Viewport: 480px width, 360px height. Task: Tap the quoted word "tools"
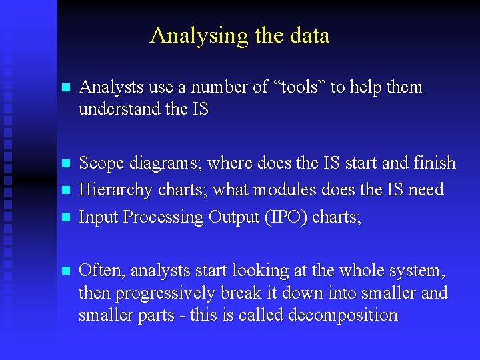[299, 87]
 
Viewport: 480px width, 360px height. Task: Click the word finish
[433, 163]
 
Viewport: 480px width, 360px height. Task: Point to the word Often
[102, 271]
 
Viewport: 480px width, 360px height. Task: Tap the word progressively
[175, 293]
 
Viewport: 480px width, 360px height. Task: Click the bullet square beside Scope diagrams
[65, 163]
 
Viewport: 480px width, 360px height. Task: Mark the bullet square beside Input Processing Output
[65, 217]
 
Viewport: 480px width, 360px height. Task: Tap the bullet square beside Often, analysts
[65, 271]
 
